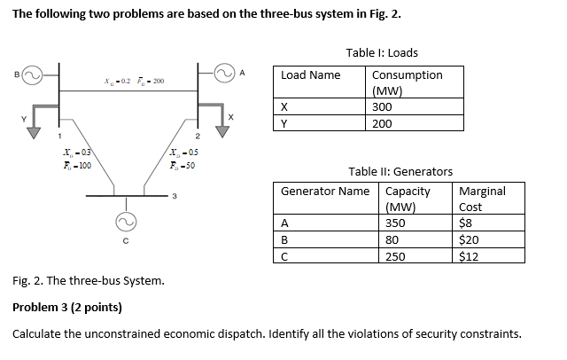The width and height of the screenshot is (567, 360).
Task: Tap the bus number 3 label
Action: click(175, 196)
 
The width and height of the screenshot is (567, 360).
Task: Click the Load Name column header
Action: click(310, 75)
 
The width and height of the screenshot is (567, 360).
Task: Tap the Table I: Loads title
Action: click(382, 53)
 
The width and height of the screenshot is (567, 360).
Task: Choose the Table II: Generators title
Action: click(400, 171)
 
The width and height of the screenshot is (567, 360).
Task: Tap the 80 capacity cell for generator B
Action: click(392, 239)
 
